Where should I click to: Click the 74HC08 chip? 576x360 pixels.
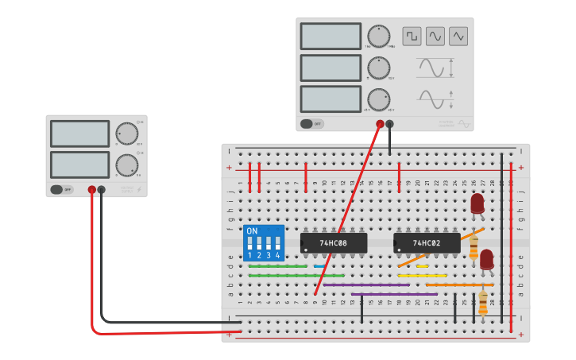334,242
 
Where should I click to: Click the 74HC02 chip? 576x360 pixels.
427,242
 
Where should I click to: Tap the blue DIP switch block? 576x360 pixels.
263,242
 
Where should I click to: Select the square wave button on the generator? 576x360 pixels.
412,37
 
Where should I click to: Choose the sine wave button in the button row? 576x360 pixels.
435,37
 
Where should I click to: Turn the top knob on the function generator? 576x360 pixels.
379,37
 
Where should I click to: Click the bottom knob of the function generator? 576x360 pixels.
379,99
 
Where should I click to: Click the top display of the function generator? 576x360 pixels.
331,37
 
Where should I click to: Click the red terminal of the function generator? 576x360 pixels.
380,124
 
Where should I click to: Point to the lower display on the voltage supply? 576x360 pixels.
79,165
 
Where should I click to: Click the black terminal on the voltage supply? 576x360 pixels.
101,190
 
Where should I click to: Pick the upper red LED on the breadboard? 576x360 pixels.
477,204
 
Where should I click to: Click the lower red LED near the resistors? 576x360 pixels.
486,260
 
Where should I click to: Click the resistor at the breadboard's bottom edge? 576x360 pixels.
483,302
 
